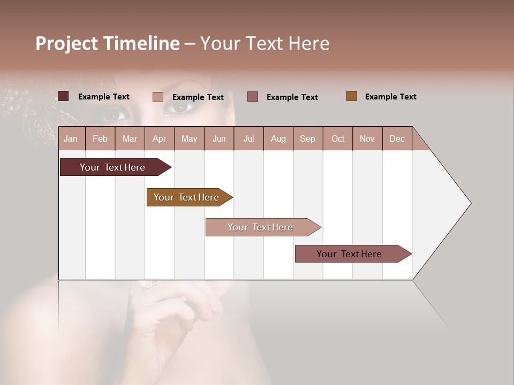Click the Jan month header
[71, 138]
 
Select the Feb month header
[100, 138]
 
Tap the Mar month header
[130, 138]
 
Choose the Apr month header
[159, 138]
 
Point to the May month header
[189, 138]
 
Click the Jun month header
[219, 138]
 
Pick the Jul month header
[248, 138]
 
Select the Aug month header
[278, 138]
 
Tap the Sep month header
[307, 138]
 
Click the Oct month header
[338, 138]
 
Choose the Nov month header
[367, 138]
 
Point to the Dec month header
[397, 138]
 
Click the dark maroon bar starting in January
[113, 167]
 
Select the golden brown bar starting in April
[187, 197]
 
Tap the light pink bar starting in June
[261, 227]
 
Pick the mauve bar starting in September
[350, 254]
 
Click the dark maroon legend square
[64, 96]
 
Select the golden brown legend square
[352, 96]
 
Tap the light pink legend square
[158, 97]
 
